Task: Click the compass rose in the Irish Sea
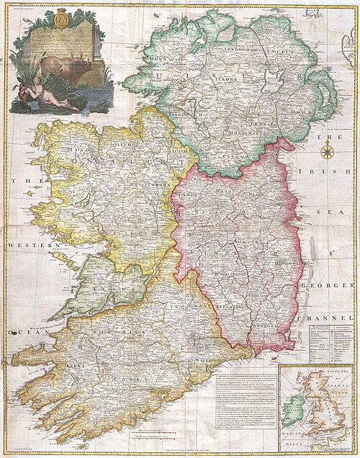pos(328,151)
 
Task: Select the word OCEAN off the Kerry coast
pos(14,333)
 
